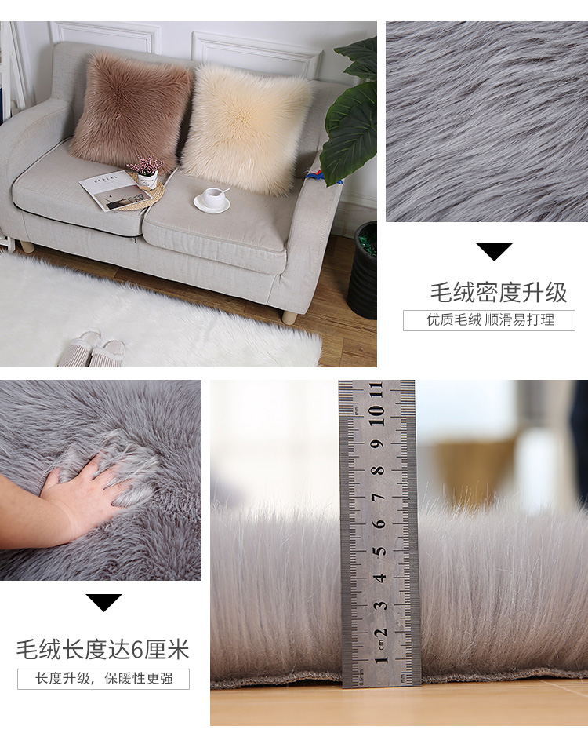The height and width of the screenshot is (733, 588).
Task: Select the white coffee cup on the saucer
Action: point(212,197)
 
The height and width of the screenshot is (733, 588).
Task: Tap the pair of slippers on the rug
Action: point(93,349)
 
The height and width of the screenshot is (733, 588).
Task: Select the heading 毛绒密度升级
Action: point(498,293)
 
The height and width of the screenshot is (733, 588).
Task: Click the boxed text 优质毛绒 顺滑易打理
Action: point(489,320)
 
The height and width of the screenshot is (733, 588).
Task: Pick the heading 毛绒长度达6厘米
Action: point(103,650)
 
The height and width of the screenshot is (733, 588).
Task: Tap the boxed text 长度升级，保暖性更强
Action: point(103,679)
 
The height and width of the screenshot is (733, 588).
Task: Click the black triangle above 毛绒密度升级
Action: point(494,251)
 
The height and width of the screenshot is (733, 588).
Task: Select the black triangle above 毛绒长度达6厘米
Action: point(103,603)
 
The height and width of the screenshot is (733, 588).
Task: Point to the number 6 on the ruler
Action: point(379,523)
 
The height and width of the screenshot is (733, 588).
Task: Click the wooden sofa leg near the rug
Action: point(289,317)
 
